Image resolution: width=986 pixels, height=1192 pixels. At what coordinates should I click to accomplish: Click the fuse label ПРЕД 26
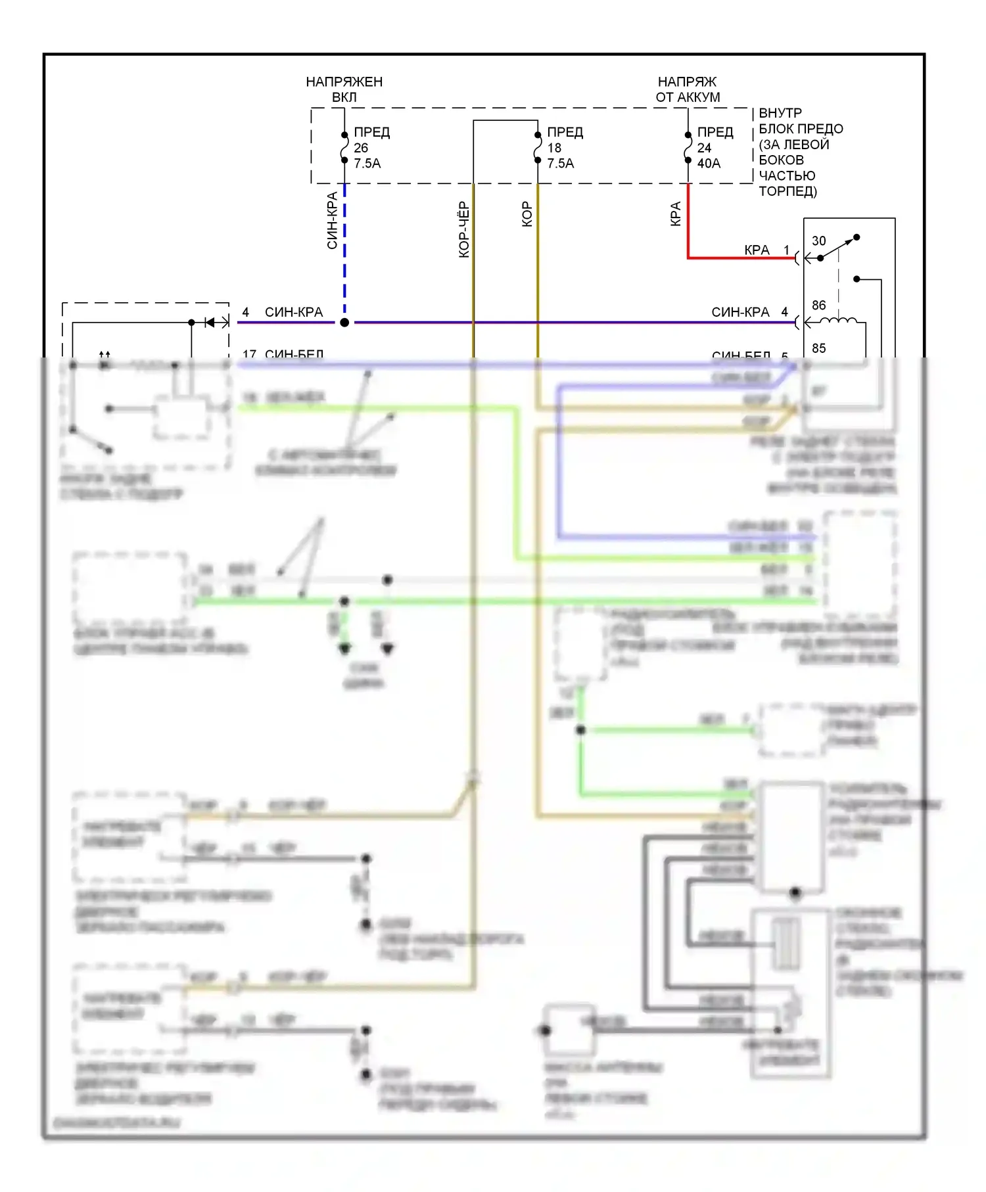[x=371, y=148]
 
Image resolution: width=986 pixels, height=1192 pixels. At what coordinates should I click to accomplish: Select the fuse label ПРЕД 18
[x=565, y=148]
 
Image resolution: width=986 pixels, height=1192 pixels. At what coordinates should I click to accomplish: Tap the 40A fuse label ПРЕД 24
[x=715, y=148]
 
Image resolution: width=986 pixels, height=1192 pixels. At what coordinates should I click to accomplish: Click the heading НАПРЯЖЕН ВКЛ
[x=344, y=89]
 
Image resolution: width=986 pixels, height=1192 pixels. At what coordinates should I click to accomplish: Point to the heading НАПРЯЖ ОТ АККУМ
[x=688, y=89]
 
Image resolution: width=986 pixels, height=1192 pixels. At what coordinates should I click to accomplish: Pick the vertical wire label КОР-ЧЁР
[x=464, y=229]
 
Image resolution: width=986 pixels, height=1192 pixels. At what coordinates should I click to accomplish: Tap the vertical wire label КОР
[x=527, y=214]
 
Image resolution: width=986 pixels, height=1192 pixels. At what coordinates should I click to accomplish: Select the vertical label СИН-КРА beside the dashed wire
[x=332, y=221]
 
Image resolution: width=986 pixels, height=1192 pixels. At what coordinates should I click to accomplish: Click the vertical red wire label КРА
[x=675, y=214]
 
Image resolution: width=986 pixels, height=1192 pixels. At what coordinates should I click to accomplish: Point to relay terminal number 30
[x=818, y=241]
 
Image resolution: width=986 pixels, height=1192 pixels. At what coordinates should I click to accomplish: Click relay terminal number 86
[x=818, y=305]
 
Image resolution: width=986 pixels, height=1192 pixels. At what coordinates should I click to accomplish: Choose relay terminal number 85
[x=818, y=348]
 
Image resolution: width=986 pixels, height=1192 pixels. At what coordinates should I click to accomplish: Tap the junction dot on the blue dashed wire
[x=344, y=323]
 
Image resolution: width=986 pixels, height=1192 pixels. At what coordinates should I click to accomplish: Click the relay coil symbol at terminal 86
[x=839, y=321]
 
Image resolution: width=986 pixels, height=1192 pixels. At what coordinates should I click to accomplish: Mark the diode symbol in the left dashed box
[x=210, y=322]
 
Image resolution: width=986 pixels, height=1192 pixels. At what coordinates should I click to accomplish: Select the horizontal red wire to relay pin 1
[x=736, y=258]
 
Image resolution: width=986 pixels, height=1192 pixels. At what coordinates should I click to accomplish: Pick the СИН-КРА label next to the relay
[x=740, y=312]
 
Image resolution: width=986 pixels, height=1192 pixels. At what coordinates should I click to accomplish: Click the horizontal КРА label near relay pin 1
[x=757, y=250]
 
